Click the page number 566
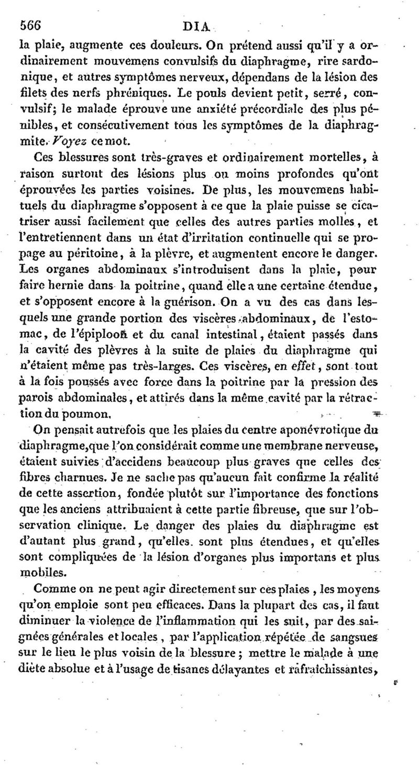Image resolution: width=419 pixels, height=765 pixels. [30, 24]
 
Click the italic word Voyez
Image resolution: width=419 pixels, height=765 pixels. [70, 142]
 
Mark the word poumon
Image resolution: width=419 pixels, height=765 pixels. [85, 414]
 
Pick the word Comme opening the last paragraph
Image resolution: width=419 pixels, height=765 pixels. [52, 575]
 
